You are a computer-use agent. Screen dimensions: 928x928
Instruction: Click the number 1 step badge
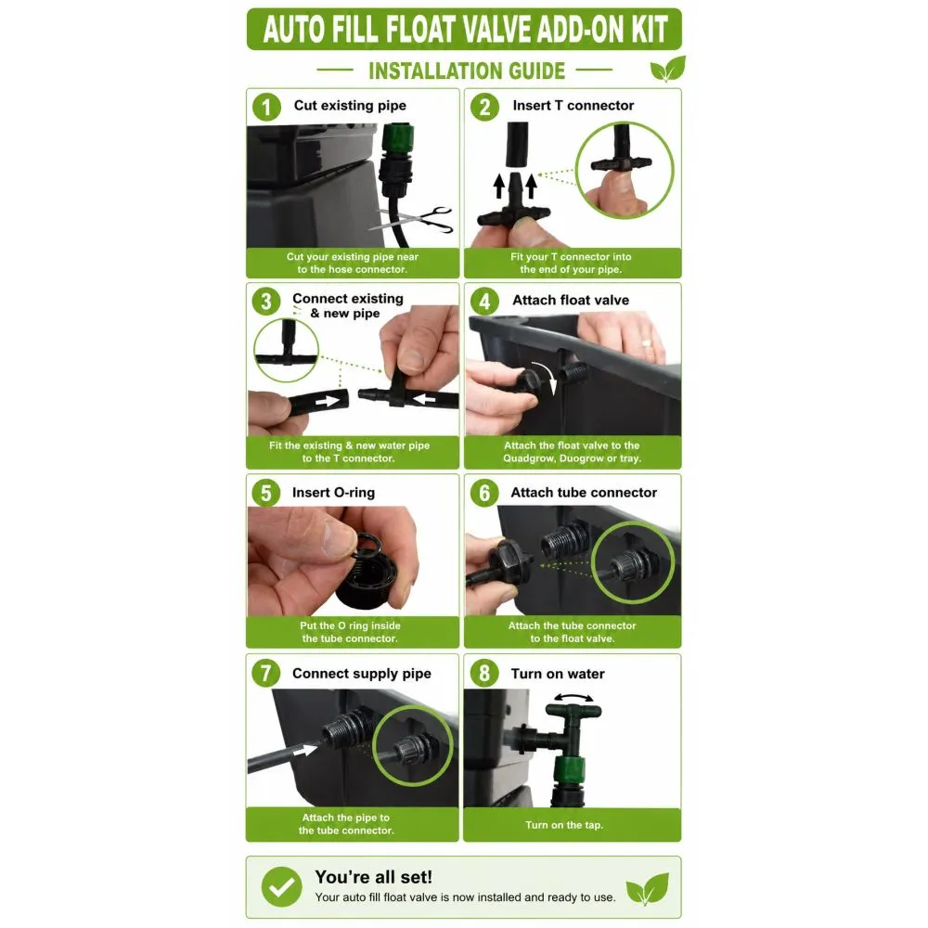tap(266, 107)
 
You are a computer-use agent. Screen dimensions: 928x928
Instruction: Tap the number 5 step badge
tap(265, 493)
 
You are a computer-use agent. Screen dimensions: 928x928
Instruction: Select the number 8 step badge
tap(484, 673)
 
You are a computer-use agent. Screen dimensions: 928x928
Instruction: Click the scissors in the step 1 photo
tap(412, 220)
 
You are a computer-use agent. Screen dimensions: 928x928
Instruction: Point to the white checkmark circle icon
tap(282, 886)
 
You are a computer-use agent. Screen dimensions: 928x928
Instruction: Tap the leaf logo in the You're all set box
tap(648, 888)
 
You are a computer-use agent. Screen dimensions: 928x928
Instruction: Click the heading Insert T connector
tap(573, 106)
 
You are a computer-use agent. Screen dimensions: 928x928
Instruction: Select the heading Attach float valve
tap(571, 300)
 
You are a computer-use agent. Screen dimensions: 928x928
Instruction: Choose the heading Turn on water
tap(558, 674)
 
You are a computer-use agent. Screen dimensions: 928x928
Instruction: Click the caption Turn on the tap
tap(564, 825)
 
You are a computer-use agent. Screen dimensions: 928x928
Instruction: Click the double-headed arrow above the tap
tap(574, 698)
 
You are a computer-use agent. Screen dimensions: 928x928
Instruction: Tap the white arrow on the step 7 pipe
tap(305, 750)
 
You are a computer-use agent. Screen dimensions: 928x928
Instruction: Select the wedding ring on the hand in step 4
tap(647, 342)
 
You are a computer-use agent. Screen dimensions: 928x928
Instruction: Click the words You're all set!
tap(373, 877)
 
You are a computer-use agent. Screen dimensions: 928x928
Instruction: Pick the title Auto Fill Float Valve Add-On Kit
tap(465, 30)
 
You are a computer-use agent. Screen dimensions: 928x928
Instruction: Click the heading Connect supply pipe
tap(362, 674)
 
